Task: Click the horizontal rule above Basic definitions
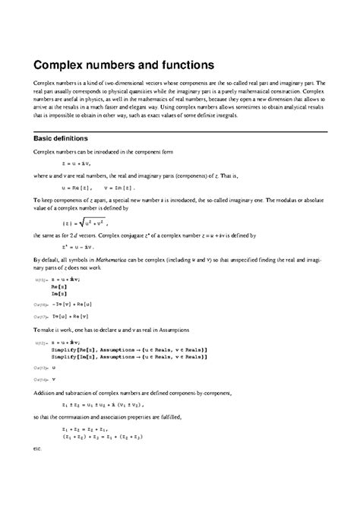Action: tap(180, 131)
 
